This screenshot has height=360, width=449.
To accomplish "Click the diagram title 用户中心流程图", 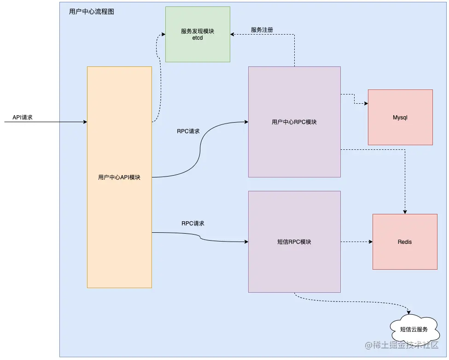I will pos(92,12).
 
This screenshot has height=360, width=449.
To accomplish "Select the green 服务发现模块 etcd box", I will pos(198,34).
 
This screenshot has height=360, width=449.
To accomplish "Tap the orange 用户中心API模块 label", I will pos(119,177).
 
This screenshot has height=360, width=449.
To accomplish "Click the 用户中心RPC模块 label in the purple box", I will pos(294,122).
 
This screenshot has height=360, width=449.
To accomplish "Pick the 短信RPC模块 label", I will pos(294,242).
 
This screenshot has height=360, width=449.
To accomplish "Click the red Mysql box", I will pos(400,118).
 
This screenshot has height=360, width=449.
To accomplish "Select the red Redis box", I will pos(405,242).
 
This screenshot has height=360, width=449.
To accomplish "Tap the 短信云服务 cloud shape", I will pos(414,329).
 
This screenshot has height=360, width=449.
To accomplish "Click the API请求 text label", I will pos(23,118).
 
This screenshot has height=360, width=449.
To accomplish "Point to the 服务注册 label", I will pos(262,30).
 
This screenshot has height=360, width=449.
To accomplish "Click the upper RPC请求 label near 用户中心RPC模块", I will pos(188,131).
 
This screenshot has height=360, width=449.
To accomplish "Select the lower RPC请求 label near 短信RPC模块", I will pos(193,223).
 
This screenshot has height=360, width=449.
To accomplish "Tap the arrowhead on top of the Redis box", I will pos(405,212).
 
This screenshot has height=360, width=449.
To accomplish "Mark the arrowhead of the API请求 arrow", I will pos(85,122).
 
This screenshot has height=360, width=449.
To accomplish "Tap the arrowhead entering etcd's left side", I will pos(163,34).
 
